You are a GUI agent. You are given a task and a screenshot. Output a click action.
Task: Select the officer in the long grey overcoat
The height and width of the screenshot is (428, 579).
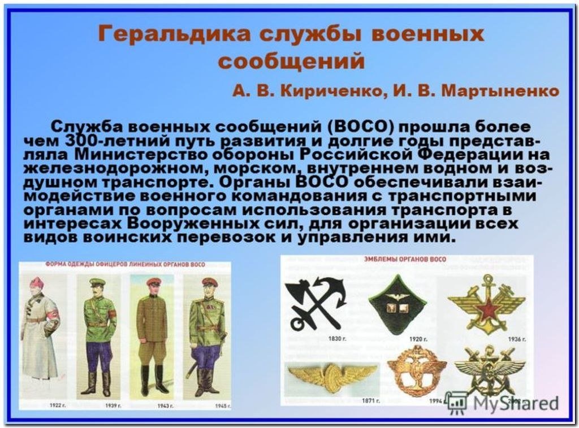click(40, 330)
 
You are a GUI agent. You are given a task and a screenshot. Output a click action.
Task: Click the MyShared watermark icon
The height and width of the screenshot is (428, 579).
click(456, 402)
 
